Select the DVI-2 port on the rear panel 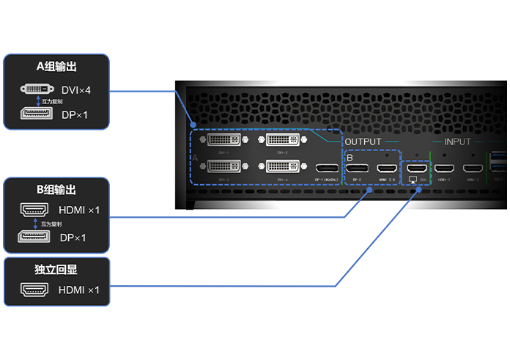coord(282,139)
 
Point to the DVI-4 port coord(282,166)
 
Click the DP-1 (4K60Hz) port coord(325,168)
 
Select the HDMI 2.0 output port coord(386,167)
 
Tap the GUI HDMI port coord(416,167)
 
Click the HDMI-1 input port coord(444,167)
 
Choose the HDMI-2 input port coord(471,167)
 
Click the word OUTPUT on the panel coord(363,142)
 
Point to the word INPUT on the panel coord(458,142)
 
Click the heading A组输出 coord(56,67)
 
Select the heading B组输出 coord(56,190)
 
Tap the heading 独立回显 coord(56,270)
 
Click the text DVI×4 coord(75,90)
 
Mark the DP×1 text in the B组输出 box coord(73,238)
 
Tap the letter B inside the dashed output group coord(350,157)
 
